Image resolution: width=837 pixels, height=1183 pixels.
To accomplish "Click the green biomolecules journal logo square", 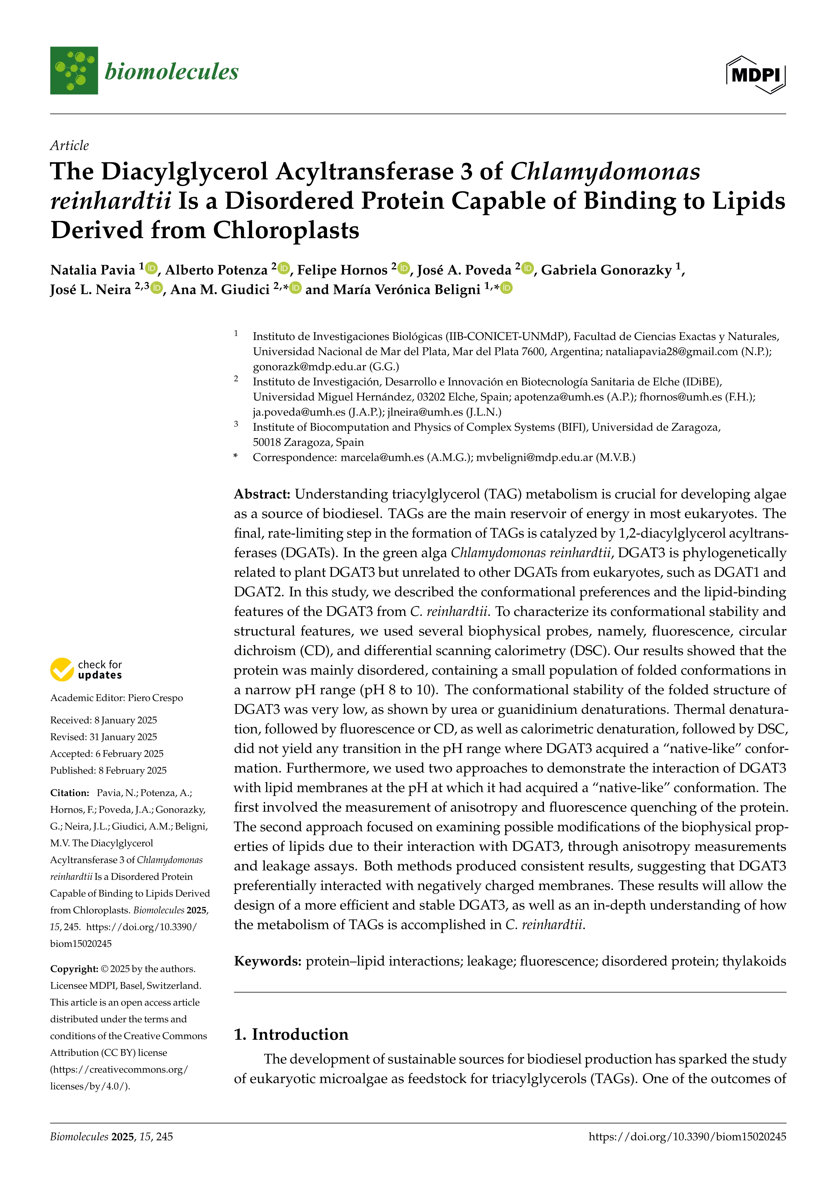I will click(x=74, y=71).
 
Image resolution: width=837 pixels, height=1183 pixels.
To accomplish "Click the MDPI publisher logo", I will click(x=756, y=75).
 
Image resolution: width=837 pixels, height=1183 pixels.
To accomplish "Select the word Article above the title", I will click(x=70, y=146).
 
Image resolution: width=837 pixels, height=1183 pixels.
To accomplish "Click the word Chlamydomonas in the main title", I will click(x=605, y=172).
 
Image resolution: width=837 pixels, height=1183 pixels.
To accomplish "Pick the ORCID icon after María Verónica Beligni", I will click(x=507, y=288).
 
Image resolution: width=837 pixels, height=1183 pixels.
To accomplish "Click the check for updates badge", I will click(x=86, y=669).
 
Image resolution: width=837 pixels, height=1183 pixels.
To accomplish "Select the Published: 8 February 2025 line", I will click(x=108, y=770).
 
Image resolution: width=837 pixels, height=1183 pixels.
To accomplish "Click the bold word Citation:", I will click(x=70, y=793).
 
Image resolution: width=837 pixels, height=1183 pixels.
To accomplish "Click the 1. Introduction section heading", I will click(x=291, y=1034).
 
